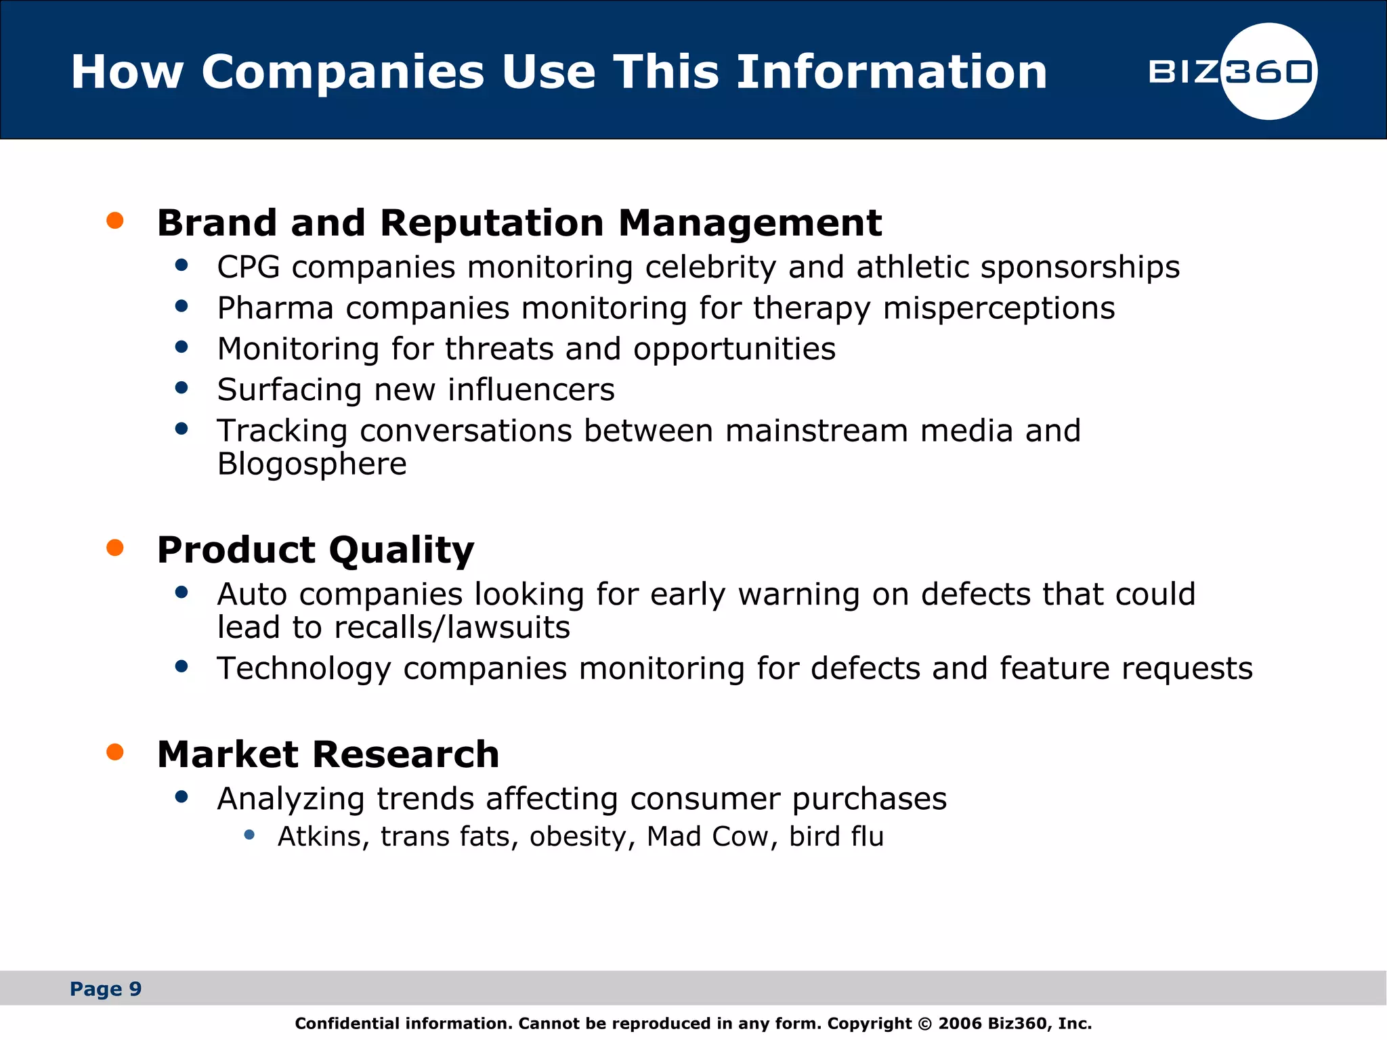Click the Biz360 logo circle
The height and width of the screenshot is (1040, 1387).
point(1268,71)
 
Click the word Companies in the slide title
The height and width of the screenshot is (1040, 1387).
point(343,72)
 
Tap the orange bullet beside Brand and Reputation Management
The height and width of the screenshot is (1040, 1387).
point(115,221)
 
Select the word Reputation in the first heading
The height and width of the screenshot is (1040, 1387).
point(492,223)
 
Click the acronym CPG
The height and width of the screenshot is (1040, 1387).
point(249,267)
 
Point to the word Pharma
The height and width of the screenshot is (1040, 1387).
point(275,309)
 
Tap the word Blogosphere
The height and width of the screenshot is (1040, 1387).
point(312,464)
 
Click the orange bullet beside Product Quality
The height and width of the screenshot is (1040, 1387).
point(115,548)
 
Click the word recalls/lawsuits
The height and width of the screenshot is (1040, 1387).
point(452,628)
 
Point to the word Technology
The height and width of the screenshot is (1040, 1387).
point(304,669)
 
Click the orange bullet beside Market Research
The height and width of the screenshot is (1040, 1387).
point(115,752)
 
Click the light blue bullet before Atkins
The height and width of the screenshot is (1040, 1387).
point(249,835)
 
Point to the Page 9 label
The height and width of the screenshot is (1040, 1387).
point(106,989)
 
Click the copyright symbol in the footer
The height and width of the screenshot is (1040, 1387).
point(924,1024)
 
